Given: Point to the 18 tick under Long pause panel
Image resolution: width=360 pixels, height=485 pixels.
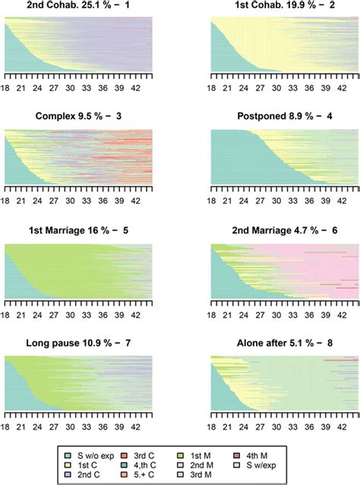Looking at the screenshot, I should [x=5, y=428].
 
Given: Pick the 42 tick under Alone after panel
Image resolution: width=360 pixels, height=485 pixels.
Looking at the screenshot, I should [x=343, y=428].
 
